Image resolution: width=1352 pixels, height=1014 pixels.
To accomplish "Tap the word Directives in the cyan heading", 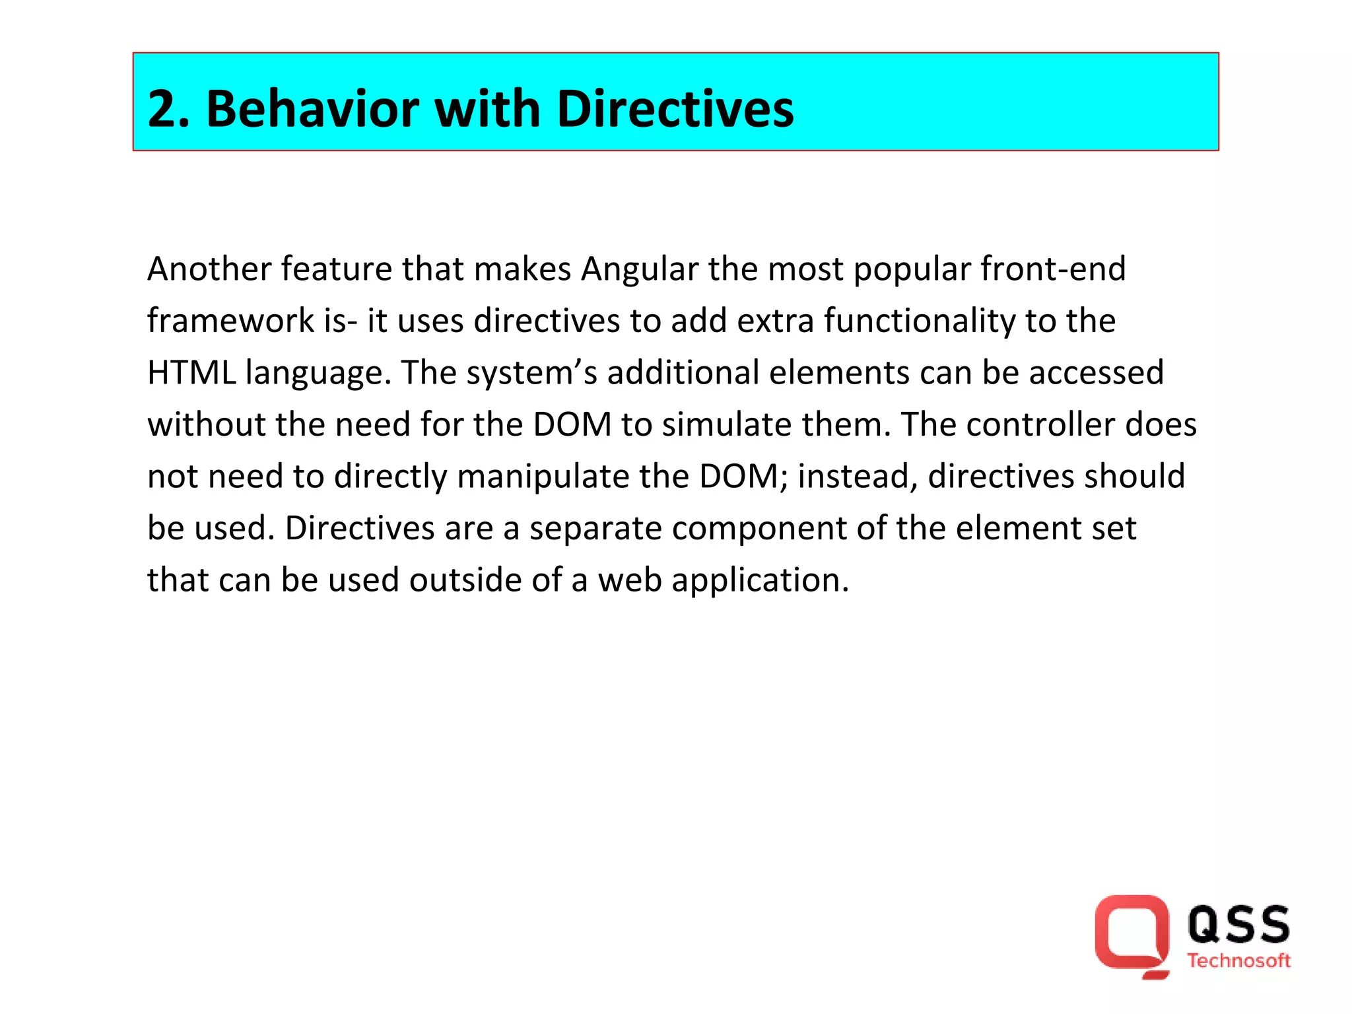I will [675, 109].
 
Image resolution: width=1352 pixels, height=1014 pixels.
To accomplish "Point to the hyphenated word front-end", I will [1053, 269].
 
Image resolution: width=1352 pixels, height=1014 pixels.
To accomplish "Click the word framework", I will [230, 321].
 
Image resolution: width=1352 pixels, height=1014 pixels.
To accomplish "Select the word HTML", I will [191, 373].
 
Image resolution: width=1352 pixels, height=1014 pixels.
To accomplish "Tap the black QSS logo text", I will [1238, 924].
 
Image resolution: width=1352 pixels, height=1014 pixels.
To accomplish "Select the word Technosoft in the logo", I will [1238, 961].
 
